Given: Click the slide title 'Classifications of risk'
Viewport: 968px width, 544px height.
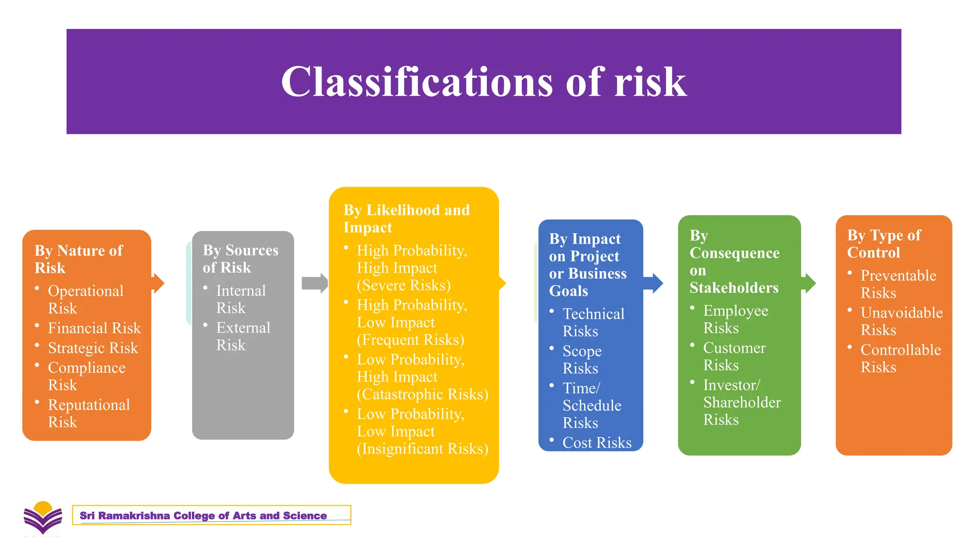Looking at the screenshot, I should point(484,82).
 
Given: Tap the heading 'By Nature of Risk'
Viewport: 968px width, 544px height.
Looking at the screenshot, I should point(78,259).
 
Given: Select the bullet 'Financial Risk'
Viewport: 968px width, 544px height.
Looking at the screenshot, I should point(94,328).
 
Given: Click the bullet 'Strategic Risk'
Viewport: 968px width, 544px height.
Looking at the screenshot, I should point(93,348).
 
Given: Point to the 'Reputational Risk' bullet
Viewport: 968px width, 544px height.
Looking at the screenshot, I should point(88,413).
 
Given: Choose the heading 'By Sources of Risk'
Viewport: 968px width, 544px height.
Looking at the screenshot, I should point(240,258).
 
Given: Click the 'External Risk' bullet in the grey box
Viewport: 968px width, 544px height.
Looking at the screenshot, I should point(242,336).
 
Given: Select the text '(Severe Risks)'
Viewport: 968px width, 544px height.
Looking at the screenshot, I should point(403,285).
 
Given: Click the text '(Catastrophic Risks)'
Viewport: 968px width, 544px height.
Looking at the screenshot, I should point(422,394).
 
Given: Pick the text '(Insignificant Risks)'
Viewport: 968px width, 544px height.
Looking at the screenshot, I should point(422,449).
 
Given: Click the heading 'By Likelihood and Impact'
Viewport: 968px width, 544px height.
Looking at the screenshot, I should point(406,218).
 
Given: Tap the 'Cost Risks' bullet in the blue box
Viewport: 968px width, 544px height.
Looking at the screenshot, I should point(596,442).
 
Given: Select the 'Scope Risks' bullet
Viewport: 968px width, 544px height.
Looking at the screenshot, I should point(582,359).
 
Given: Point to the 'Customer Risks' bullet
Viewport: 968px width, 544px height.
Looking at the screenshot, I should point(734,356).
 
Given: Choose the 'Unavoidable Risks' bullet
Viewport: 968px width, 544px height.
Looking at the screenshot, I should point(901,321).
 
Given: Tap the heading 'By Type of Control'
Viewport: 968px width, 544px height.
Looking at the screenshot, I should point(883,244).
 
